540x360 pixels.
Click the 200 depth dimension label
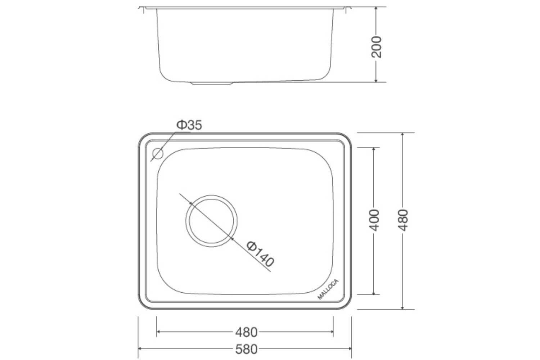click(x=376, y=47)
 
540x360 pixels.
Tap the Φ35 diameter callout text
click(x=189, y=125)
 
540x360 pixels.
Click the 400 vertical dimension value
click(x=374, y=220)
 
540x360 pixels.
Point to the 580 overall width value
click(x=247, y=349)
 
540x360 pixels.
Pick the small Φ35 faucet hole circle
click(x=158, y=154)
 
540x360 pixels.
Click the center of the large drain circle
click(x=212, y=221)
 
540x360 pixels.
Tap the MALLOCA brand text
click(x=328, y=289)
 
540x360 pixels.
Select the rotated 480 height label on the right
click(x=403, y=220)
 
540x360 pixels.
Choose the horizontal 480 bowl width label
click(x=247, y=332)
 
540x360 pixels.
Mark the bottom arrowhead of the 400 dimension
click(x=374, y=292)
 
